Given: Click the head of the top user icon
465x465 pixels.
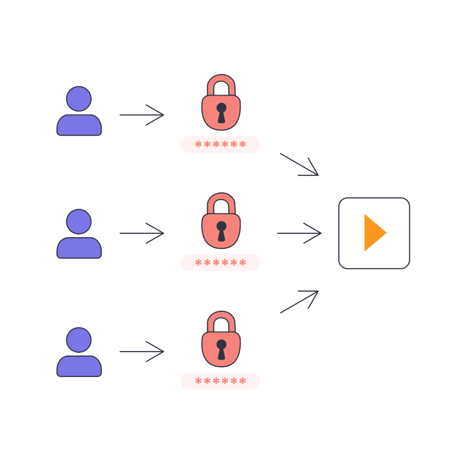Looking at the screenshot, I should tap(79, 98).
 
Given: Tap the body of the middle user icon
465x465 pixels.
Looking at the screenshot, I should tap(79, 248).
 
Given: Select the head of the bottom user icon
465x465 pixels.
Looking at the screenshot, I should tap(79, 339).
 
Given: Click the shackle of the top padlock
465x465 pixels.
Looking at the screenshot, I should tap(221, 81).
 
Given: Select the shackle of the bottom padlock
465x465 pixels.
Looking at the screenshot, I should tap(221, 318).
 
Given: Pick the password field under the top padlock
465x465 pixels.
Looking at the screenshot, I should tap(220, 144).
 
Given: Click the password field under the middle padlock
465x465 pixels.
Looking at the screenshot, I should tap(220, 263).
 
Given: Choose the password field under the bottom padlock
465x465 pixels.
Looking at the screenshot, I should tap(220, 381).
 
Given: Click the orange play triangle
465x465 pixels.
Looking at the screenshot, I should tap(373, 233).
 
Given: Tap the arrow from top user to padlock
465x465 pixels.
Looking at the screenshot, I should tap(142, 115).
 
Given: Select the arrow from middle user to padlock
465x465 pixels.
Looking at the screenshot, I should tap(142, 233).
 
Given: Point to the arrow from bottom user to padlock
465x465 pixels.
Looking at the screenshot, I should tap(142, 352).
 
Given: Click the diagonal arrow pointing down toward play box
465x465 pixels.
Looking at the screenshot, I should tap(299, 165).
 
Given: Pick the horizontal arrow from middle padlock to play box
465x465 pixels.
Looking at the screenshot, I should tap(299, 233).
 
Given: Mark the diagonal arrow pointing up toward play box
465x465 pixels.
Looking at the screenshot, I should tap(299, 302).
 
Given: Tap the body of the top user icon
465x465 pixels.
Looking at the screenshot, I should tap(79, 126).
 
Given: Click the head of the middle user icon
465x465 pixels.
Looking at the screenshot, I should tap(79, 221).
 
